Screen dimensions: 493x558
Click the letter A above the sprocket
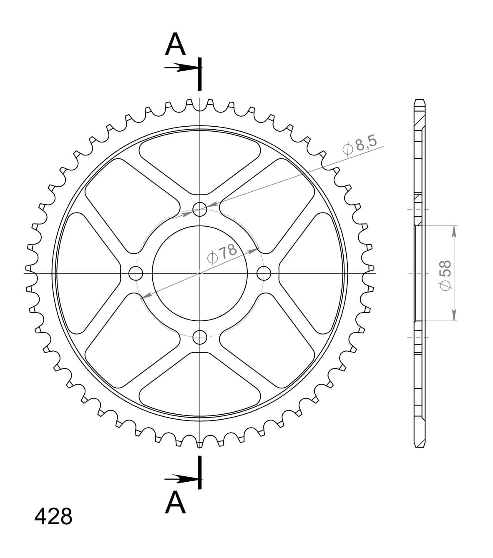tap(175, 44)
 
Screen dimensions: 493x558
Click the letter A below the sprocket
tap(175, 503)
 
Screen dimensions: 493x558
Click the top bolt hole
tap(200, 210)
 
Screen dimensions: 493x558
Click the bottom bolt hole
tap(200, 337)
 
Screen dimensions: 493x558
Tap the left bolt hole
tap(136, 273)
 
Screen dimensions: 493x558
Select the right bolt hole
tap(264, 273)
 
